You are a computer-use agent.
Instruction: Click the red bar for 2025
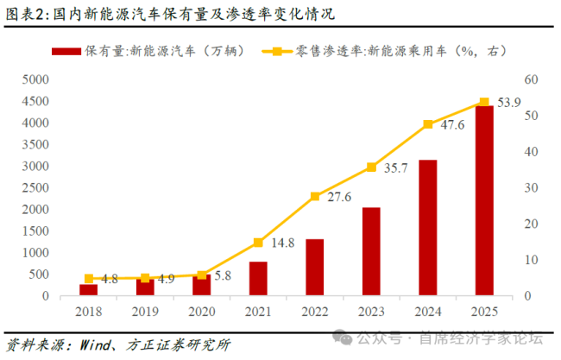click(x=484, y=201)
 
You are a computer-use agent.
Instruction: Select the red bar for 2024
click(x=427, y=228)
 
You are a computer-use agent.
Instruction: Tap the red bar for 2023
click(x=371, y=251)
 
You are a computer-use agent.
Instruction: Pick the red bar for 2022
click(x=314, y=268)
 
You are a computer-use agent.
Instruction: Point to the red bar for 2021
click(x=258, y=279)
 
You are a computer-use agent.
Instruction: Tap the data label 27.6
click(x=340, y=198)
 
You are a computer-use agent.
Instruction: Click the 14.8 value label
click(x=282, y=243)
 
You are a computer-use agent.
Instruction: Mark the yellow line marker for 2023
click(x=371, y=167)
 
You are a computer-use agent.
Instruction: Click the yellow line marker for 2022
click(x=314, y=196)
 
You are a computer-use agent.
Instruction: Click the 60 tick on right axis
click(x=530, y=79)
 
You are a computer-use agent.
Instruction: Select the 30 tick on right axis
click(x=530, y=187)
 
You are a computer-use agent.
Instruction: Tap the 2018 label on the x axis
click(x=88, y=310)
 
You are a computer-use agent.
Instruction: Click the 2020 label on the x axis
click(x=201, y=310)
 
